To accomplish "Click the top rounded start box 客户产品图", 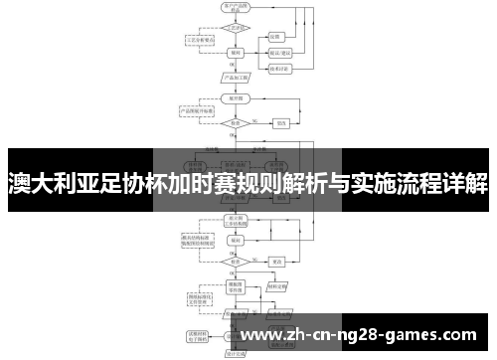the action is pos(238,8).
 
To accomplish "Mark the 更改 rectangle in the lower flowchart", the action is pos(279,261).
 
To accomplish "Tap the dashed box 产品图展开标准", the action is pos(195,111).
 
